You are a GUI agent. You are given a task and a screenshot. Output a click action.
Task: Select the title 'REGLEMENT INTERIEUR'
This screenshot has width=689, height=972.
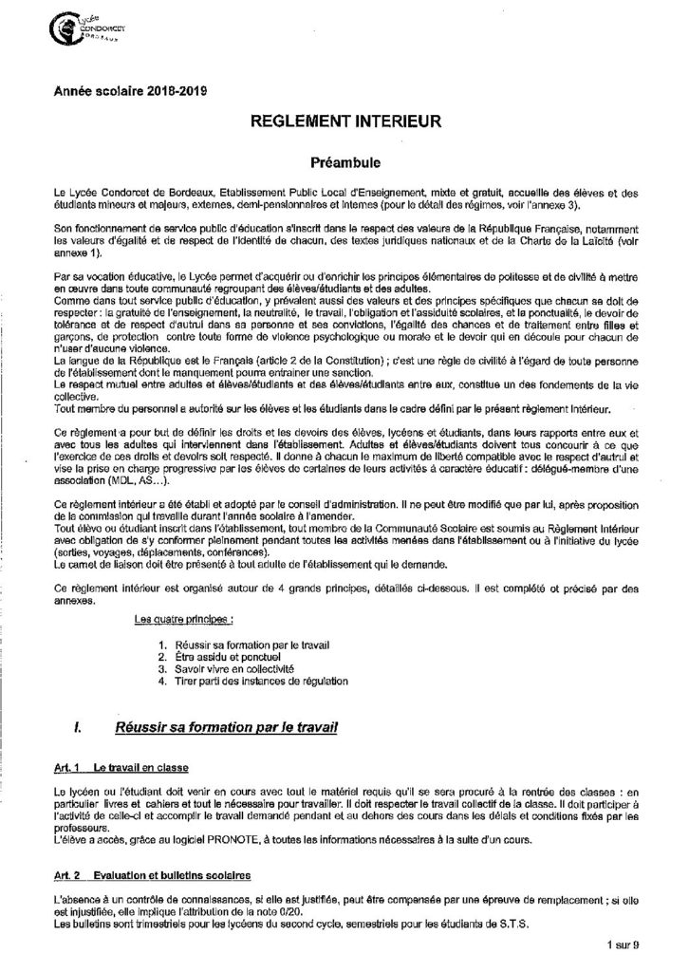344,122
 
